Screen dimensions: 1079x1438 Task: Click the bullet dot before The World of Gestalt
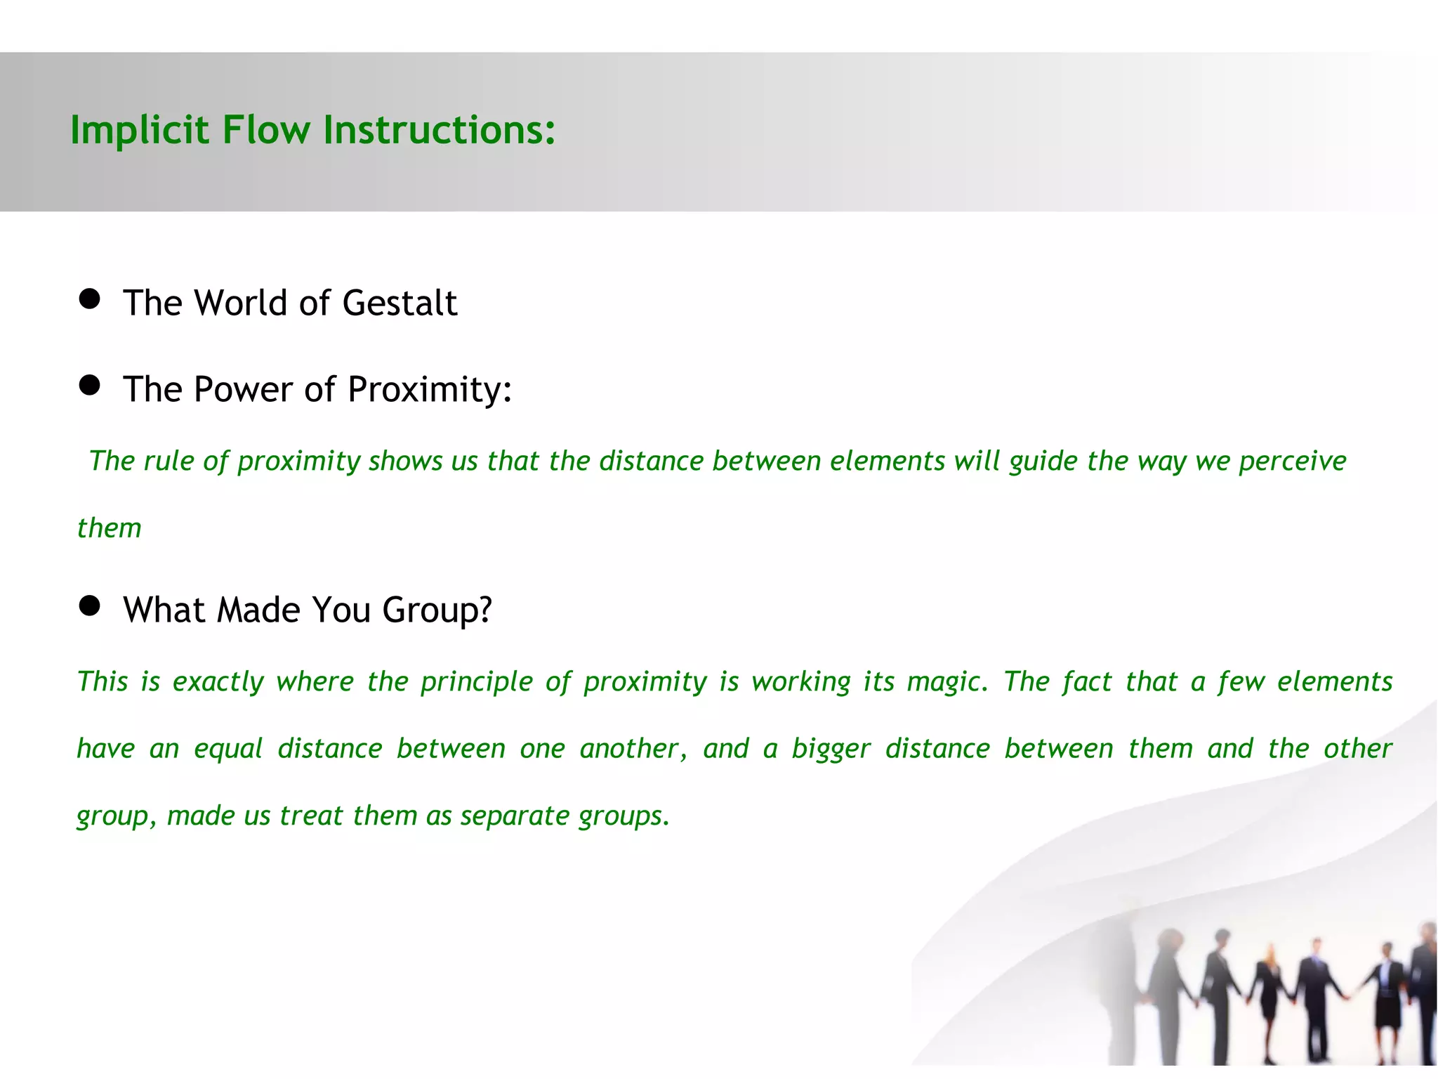(x=89, y=299)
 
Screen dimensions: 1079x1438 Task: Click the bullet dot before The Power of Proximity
(x=89, y=385)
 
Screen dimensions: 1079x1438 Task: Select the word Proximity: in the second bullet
(x=430, y=390)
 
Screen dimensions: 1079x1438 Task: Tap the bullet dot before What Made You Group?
(x=89, y=606)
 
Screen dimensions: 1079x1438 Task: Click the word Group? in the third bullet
(x=437, y=610)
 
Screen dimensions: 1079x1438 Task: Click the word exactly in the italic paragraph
(x=218, y=682)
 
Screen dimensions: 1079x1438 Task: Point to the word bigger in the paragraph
(x=831, y=749)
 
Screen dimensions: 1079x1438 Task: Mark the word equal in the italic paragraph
(x=228, y=749)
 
